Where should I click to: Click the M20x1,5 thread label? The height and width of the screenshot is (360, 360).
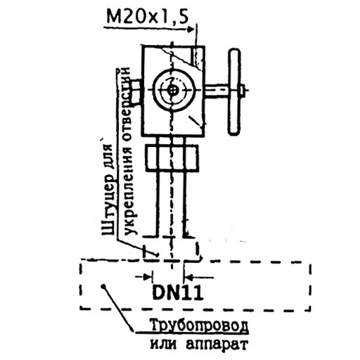[x=148, y=16]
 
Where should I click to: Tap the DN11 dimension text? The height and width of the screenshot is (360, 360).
[x=177, y=292]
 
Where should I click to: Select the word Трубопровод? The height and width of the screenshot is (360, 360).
[x=199, y=326]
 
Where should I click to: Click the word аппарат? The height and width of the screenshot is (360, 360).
[x=217, y=345]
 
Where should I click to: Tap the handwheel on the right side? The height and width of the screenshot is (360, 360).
[x=235, y=91]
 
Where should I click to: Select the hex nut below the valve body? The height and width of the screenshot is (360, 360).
[x=172, y=157]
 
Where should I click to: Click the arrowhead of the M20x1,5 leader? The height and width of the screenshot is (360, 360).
[x=191, y=30]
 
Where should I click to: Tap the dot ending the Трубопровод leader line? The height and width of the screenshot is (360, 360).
[x=103, y=286]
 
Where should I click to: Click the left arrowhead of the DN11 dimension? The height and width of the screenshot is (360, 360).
[x=148, y=277]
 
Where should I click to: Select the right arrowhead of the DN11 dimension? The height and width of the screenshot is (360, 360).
[x=189, y=277]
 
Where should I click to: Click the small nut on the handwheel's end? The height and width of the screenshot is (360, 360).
[x=243, y=90]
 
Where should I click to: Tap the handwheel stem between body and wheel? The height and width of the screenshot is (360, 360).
[x=217, y=91]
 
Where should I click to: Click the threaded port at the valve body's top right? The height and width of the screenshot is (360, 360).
[x=197, y=57]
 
